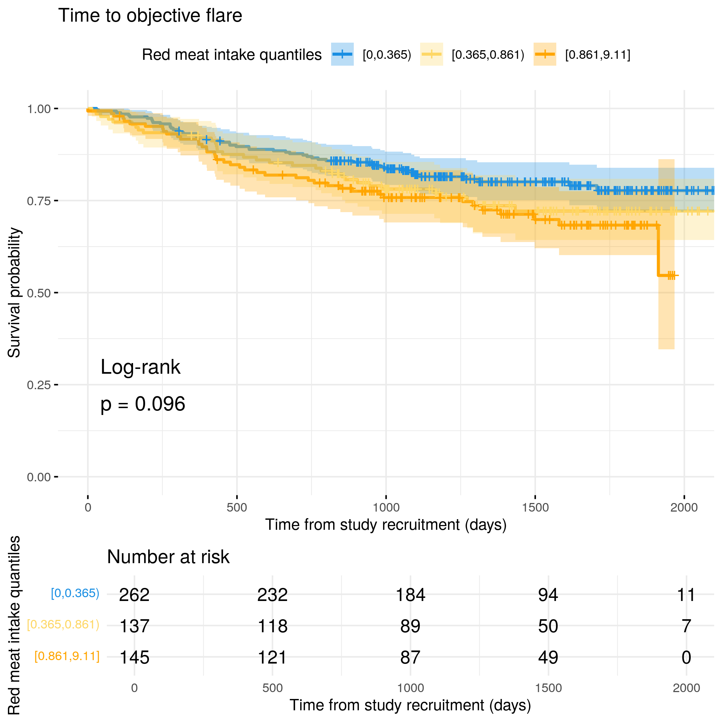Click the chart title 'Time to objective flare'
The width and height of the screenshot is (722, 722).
150,16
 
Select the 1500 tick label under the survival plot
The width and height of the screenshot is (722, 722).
535,507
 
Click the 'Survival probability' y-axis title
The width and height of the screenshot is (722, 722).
14,293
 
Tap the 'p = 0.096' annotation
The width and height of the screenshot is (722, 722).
143,404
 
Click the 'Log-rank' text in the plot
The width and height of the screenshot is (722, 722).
141,367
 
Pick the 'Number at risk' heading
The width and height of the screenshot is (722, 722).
168,557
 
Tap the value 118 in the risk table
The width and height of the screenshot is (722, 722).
272,626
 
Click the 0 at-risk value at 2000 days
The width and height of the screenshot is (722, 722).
686,657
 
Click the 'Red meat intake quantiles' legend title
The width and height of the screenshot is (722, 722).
232,55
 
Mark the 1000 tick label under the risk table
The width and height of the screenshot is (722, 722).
410,688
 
